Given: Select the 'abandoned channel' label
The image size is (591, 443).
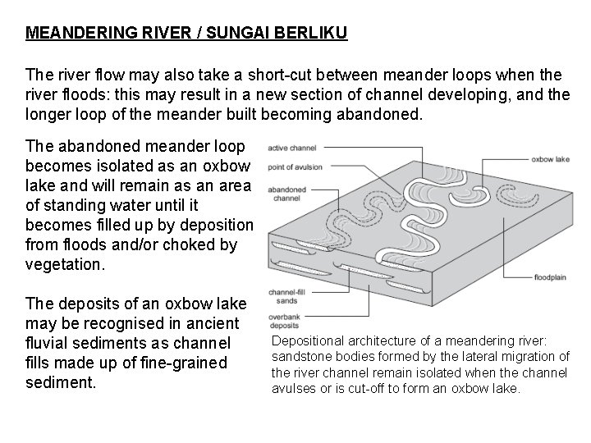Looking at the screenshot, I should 282,193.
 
